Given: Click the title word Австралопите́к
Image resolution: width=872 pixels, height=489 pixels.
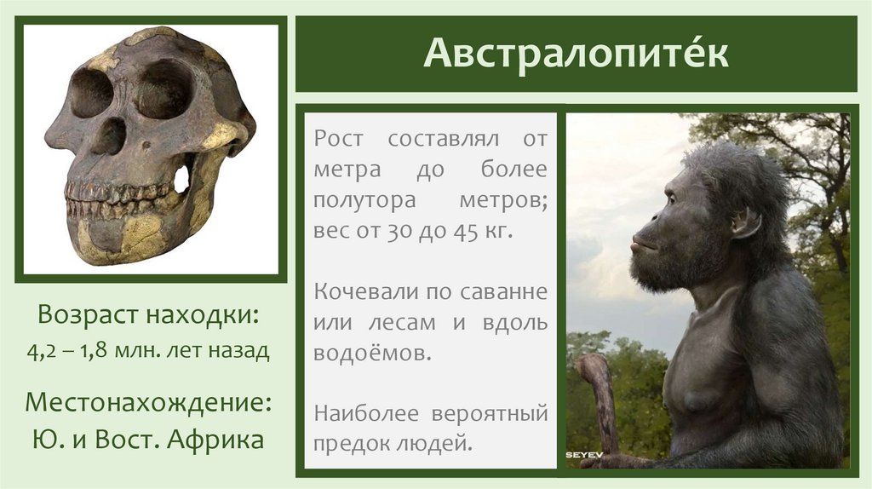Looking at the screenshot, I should pos(576,54).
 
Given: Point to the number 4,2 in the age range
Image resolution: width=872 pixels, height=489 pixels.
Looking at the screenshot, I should pos(47,350).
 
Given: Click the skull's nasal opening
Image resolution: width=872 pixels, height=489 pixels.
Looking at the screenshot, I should pos(109,136).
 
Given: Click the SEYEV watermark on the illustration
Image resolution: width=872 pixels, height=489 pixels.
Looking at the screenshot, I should pos(584,456).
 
